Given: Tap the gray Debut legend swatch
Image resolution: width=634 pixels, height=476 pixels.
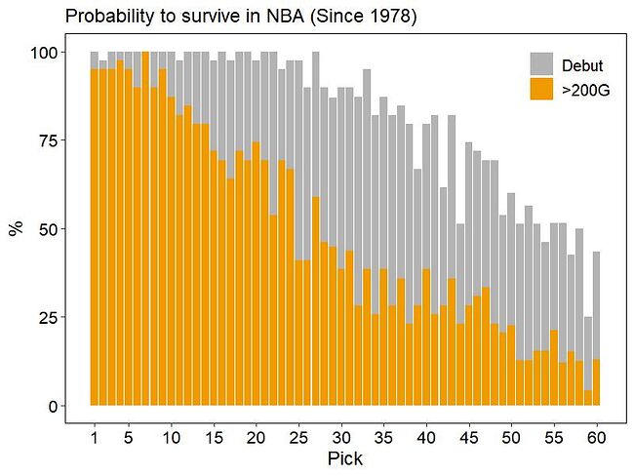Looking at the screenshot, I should tap(542, 64).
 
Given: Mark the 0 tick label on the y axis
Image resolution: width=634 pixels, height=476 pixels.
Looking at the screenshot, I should tap(52, 406).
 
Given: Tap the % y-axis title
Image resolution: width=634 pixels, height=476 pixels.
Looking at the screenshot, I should tap(16, 228).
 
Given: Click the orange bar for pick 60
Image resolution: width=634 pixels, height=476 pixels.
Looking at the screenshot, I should tap(597, 382).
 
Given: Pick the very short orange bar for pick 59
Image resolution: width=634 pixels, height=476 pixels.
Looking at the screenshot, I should tap(588, 399).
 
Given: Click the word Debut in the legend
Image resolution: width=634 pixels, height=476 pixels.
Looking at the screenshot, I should tap(582, 65).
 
